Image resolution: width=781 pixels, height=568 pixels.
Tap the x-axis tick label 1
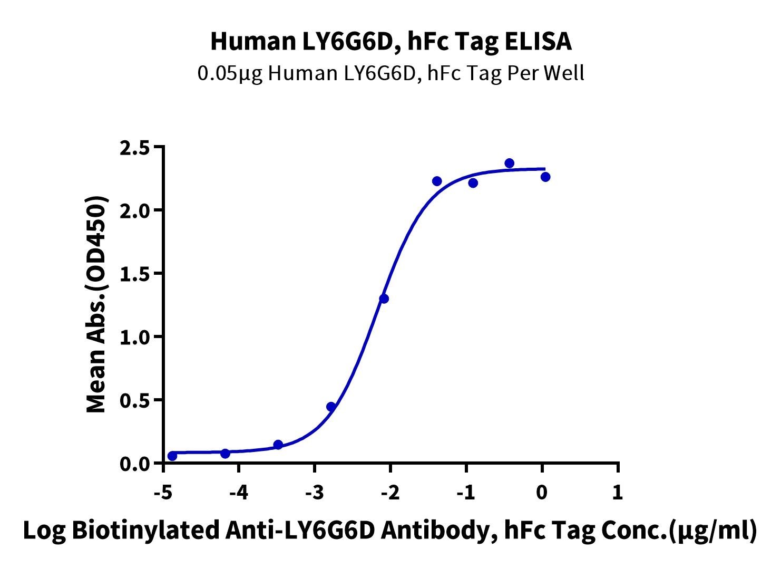point(617,493)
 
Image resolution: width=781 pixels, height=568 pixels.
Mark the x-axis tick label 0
point(542,493)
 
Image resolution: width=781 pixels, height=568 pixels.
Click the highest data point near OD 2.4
point(510,163)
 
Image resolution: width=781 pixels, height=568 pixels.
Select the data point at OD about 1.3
point(384,299)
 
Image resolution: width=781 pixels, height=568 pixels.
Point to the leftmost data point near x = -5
point(172,456)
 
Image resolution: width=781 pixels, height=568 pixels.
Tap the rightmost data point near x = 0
point(545,177)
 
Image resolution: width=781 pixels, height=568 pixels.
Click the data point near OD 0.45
point(331,407)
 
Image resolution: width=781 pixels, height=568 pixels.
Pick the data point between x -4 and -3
point(278,445)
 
